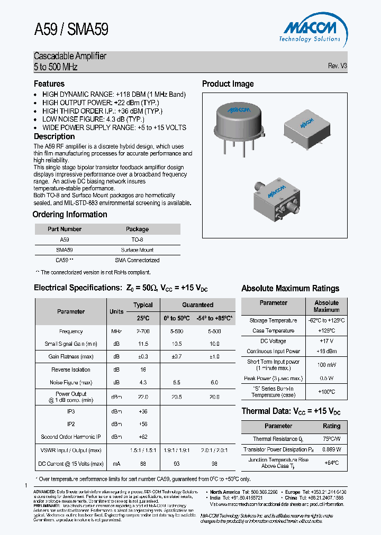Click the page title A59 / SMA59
pyautogui.click(x=71, y=30)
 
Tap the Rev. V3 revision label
pyautogui.click(x=337, y=66)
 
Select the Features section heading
pyautogui.click(x=49, y=84)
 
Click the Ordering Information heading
pyautogui.click(x=70, y=214)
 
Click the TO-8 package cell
pyautogui.click(x=137, y=239)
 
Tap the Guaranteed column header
pyautogui.click(x=197, y=305)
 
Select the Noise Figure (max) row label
pyautogui.click(x=71, y=382)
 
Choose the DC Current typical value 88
pyautogui.click(x=143, y=464)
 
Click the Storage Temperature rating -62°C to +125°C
pyautogui.click(x=326, y=320)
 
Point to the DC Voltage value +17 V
pyautogui.click(x=326, y=341)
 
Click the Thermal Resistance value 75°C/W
pyautogui.click(x=332, y=439)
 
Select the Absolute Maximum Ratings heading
pyautogui.click(x=290, y=288)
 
